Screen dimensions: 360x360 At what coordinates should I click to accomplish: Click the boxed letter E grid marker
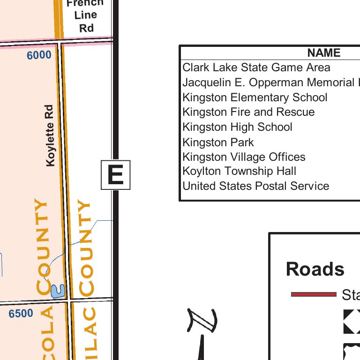pos(115,175)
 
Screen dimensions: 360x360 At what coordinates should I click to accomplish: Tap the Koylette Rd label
pos(50,135)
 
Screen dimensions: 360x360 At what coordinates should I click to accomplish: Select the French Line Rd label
pos(86,15)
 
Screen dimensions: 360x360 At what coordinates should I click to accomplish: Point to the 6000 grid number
pos(39,55)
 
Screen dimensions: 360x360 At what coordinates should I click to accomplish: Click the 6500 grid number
pos(21,314)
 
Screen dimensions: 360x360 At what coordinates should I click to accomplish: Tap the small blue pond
pos(57,291)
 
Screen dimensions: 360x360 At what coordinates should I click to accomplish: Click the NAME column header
pos(323,53)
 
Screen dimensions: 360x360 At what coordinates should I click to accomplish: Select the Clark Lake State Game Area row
pos(256,67)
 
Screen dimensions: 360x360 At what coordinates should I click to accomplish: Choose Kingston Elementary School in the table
pos(255,97)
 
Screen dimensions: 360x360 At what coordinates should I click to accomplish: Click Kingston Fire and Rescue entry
pos(248,112)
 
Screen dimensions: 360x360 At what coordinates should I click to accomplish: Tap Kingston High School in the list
pos(237,127)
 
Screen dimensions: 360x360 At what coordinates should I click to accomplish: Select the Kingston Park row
pos(218,142)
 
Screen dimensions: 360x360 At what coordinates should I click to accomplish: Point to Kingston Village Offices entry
pos(244,157)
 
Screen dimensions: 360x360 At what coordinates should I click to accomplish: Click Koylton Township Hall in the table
pos(239,171)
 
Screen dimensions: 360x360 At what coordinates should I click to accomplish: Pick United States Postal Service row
pos(255,186)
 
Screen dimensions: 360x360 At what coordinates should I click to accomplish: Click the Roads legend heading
pos(315,269)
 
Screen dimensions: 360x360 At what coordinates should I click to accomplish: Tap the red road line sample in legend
pos(314,294)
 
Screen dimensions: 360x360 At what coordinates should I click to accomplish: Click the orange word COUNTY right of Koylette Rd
pos(86,248)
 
